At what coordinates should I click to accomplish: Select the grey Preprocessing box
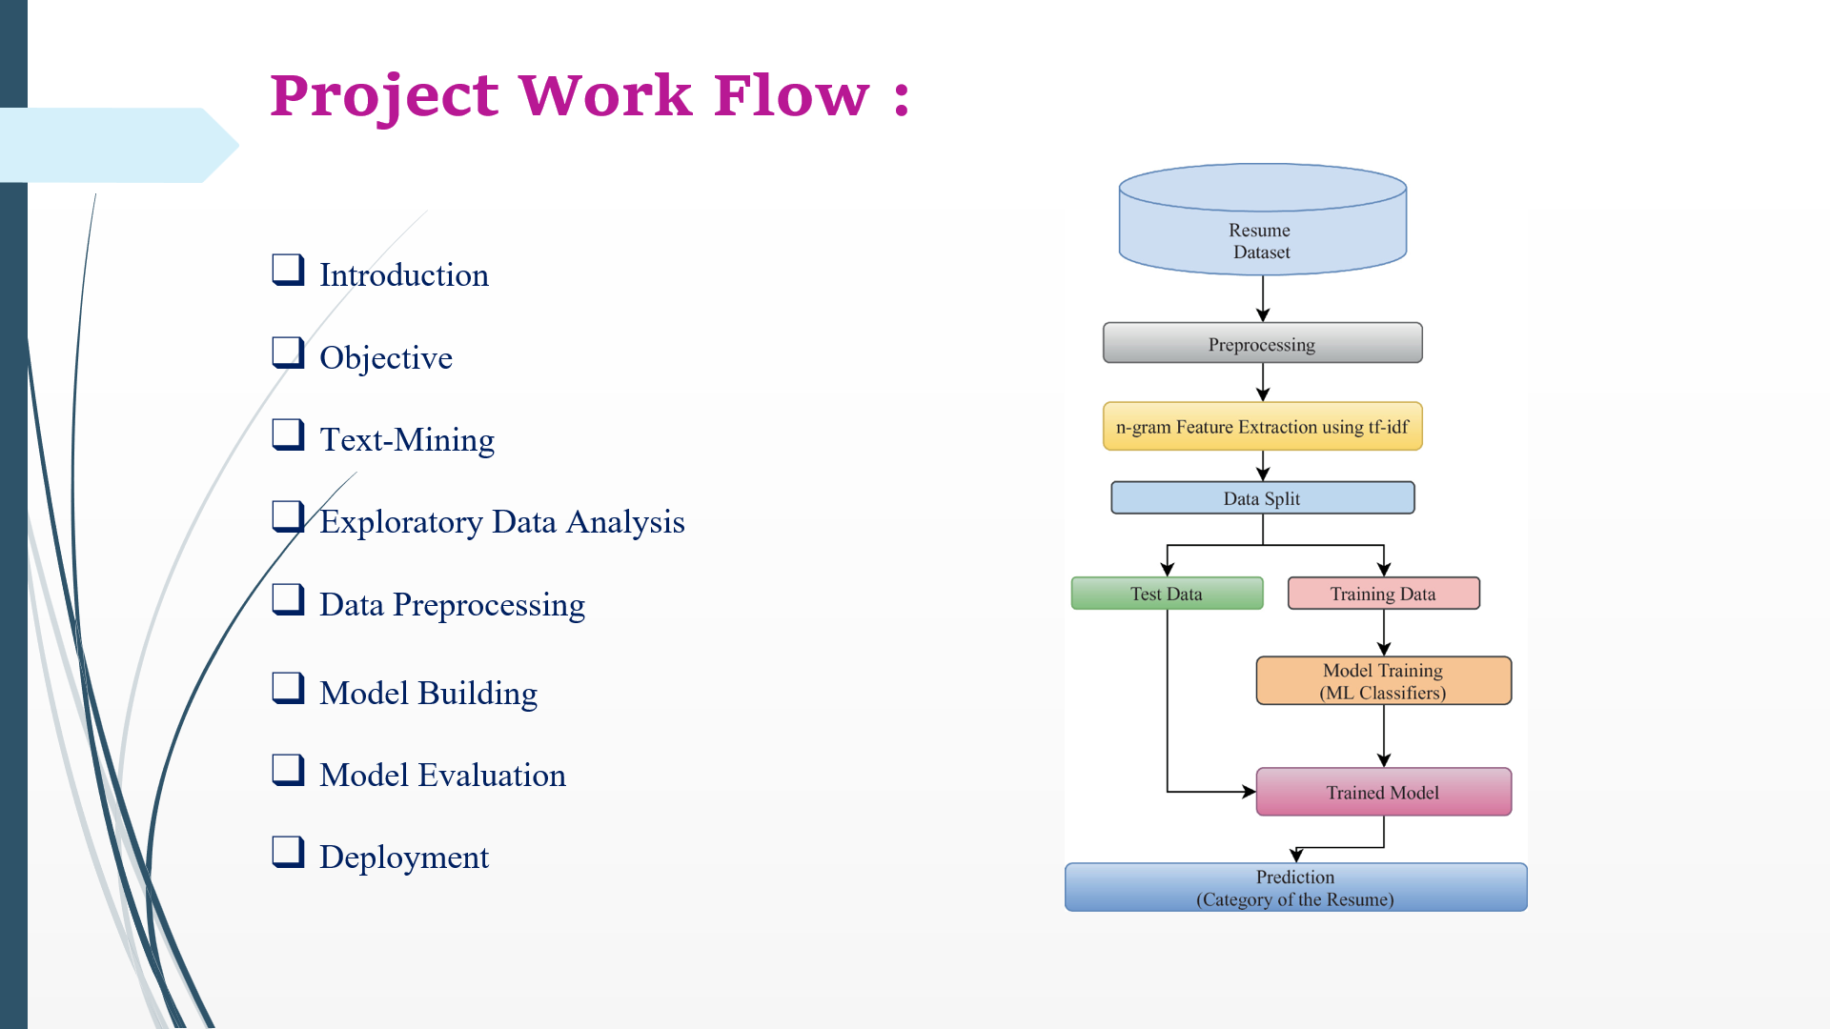1262,343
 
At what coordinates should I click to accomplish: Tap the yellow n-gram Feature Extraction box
1262,426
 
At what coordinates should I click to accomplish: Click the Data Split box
1262,497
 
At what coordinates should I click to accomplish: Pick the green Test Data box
1167,593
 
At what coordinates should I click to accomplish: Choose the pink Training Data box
1383,593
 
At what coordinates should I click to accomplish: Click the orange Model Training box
1383,680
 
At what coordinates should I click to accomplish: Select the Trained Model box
1383,792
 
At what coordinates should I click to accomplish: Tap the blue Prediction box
1295,887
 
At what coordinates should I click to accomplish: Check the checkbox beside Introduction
288,270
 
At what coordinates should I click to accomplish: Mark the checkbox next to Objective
288,353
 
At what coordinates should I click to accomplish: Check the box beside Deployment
288,852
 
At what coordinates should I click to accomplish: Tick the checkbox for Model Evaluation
288,770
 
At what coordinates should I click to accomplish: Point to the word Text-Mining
407,440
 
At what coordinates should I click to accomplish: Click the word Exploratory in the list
401,522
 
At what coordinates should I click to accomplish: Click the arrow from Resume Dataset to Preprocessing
1263,299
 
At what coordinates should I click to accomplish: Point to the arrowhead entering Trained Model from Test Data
1249,791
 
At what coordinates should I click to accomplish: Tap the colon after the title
902,98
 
